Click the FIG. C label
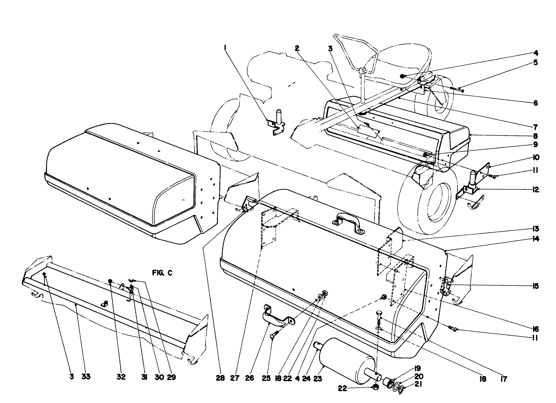click(x=162, y=273)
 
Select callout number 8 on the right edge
click(x=535, y=136)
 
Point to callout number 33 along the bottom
click(x=85, y=377)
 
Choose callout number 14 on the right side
click(x=535, y=239)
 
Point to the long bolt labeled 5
click(x=457, y=89)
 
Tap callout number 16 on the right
click(x=535, y=329)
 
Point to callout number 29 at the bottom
click(x=171, y=377)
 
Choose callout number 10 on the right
click(x=535, y=157)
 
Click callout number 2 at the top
click(x=297, y=47)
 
